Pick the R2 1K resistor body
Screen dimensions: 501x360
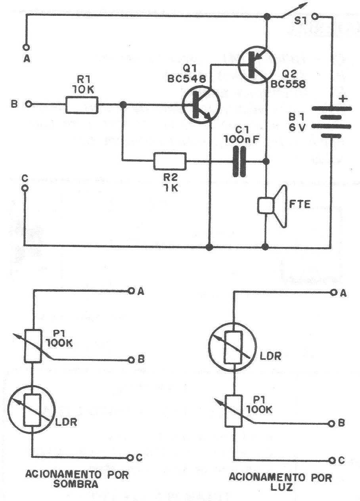170,161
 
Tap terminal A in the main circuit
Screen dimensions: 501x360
26,47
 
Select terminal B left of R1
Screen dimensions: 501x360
28,105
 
